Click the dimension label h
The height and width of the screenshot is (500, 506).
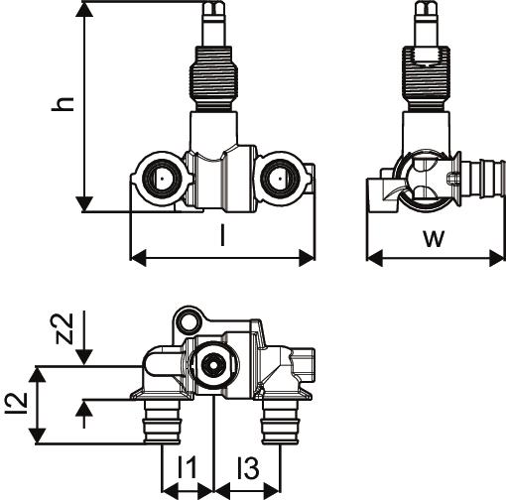pyautogui.click(x=63, y=104)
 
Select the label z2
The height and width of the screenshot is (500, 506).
pyautogui.click(x=63, y=328)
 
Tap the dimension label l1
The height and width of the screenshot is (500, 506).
pyautogui.click(x=187, y=466)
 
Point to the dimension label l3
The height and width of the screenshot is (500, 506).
pyautogui.click(x=248, y=466)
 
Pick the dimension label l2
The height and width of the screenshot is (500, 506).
pyautogui.click(x=16, y=403)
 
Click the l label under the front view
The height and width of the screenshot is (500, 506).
pyautogui.click(x=223, y=235)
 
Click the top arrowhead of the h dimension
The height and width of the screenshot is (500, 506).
pyautogui.click(x=84, y=10)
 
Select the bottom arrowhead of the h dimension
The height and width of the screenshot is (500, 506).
pyautogui.click(x=84, y=203)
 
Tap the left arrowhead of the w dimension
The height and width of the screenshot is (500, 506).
pyautogui.click(x=375, y=258)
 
